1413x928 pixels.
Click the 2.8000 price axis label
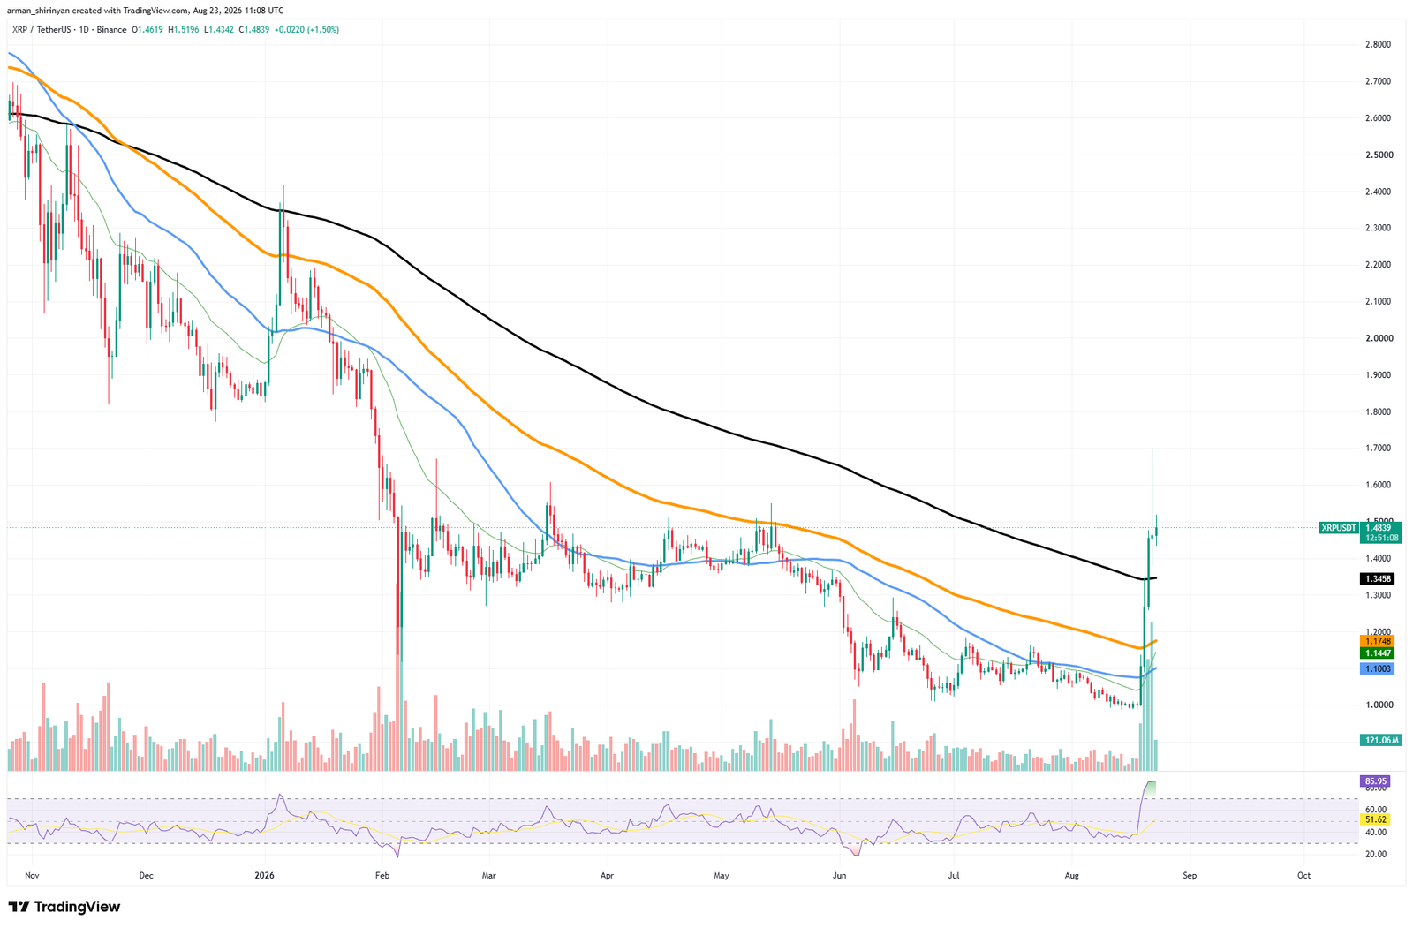tap(1372, 45)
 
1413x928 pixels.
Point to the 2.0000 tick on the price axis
tap(1372, 338)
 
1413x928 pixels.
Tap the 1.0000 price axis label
tap(1372, 705)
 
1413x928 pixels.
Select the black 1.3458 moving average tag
tap(1373, 578)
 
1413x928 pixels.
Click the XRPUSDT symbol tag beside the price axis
tap(1339, 528)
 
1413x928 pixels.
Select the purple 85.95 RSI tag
tap(1373, 781)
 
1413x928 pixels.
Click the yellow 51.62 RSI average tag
tap(1373, 819)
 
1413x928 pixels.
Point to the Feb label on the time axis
tap(382, 876)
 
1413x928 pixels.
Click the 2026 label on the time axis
tap(264, 876)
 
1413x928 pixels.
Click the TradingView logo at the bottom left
tap(64, 907)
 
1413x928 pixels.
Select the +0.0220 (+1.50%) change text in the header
tap(306, 30)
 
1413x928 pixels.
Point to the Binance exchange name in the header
tap(111, 30)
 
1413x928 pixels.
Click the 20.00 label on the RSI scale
tap(1371, 854)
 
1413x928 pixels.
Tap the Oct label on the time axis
tap(1303, 876)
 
